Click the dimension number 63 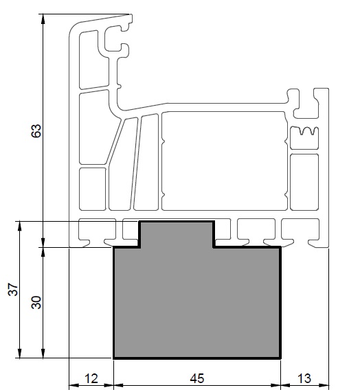[x=36, y=130]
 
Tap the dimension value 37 [x=13, y=289]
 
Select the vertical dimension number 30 [x=36, y=302]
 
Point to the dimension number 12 [x=91, y=378]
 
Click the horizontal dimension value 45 [x=197, y=378]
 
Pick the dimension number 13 [x=304, y=378]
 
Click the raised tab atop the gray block [x=177, y=234]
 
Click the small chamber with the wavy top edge [x=304, y=138]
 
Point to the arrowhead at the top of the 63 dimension [x=43, y=19]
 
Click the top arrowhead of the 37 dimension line [x=20, y=226]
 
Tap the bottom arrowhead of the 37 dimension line [x=20, y=354]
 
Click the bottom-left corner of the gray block [x=113, y=358]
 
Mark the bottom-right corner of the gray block [x=280, y=358]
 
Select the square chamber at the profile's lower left [x=93, y=189]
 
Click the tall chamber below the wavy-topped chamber [x=304, y=182]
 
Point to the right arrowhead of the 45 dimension [x=275, y=385]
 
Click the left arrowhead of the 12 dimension [x=74, y=385]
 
